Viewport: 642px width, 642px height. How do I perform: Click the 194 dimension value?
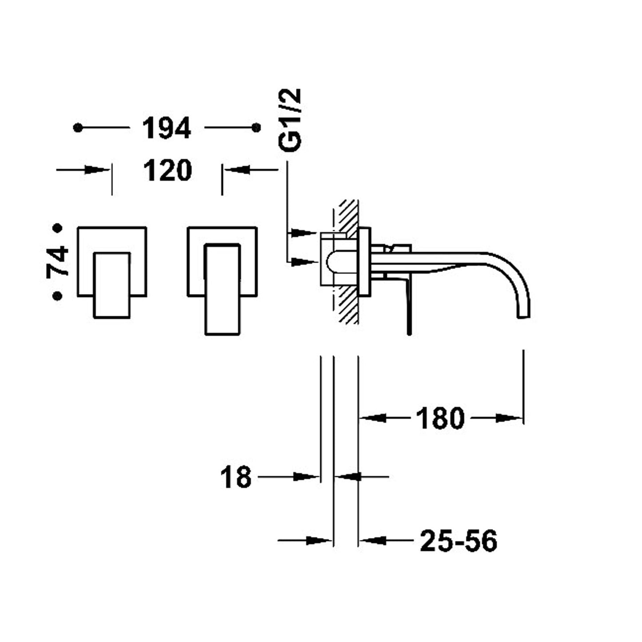coord(166,128)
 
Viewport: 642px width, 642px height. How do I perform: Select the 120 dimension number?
coord(167,171)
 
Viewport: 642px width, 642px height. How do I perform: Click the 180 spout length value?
coord(440,419)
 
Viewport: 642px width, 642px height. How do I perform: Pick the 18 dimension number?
coord(236,478)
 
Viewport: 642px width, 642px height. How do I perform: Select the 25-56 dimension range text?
coord(458,541)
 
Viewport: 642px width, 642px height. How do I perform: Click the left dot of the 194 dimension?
coord(78,128)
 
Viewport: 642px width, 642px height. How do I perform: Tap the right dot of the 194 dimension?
coord(256,128)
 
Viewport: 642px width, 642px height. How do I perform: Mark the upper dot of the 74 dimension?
coord(57,228)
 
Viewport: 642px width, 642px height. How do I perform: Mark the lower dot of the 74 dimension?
coord(57,296)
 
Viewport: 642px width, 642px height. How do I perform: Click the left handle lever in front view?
coord(112,285)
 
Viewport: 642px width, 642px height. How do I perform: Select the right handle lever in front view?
coord(223,289)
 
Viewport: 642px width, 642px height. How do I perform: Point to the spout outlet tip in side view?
coord(524,316)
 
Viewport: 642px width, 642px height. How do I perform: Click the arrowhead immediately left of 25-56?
coord(371,541)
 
